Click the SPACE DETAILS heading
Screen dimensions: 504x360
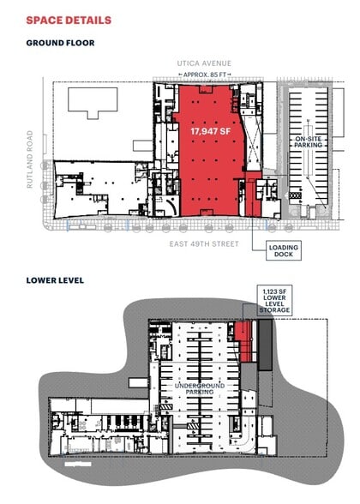(x=68, y=20)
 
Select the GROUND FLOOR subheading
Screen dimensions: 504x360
(x=60, y=42)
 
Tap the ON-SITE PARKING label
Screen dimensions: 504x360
(x=309, y=141)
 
